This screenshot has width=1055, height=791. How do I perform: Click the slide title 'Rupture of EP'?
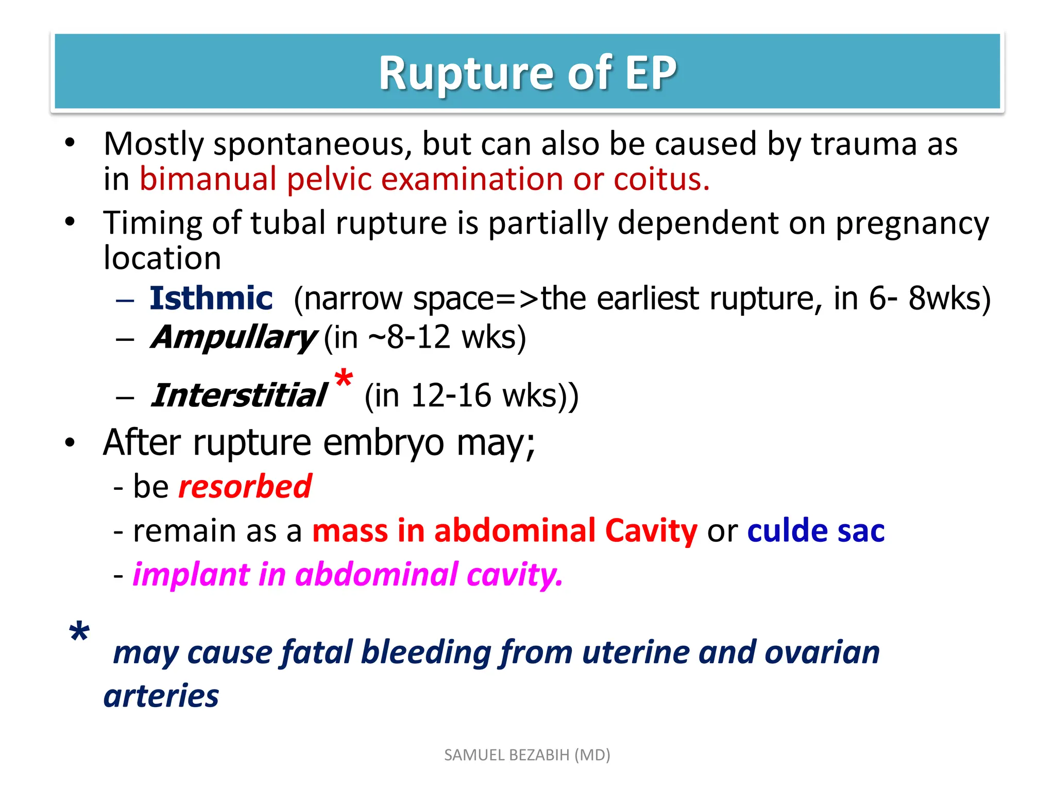527,73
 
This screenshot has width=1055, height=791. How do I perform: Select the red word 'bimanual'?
208,180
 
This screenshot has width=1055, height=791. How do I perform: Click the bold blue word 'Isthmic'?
211,298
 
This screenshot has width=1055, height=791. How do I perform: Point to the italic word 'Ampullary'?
233,338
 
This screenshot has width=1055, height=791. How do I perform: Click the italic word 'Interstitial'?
239,396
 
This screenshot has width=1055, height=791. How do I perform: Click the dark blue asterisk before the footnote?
79,633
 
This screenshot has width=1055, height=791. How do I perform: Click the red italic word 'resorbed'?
245,487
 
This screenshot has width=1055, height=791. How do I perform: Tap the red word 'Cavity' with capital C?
651,531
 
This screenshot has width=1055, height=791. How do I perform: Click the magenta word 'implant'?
191,575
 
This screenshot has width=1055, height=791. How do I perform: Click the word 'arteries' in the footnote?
161,696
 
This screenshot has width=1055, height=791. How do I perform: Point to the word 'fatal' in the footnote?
316,652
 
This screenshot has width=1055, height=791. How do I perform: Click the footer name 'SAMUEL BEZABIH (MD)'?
527,755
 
